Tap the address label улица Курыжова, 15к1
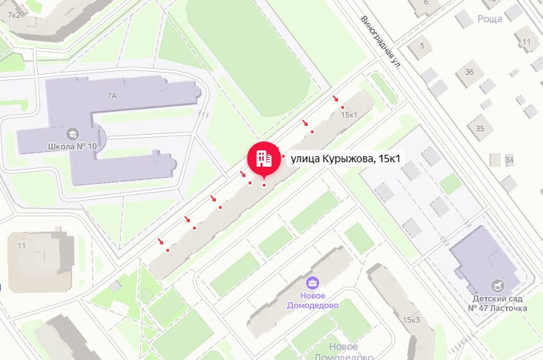345,158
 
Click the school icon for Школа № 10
73,133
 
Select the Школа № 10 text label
71,146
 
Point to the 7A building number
113,96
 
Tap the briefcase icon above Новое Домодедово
313,282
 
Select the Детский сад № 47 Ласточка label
499,302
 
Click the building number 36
469,72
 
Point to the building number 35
479,129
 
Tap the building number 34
509,160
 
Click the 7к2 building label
14,15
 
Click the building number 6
426,2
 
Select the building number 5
422,46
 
